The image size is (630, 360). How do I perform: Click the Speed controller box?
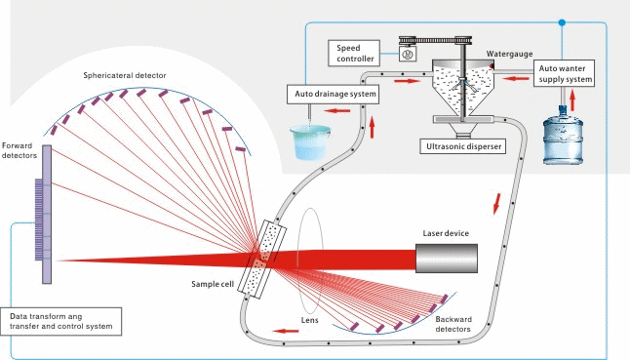pos(354,53)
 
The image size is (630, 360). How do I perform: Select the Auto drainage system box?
pos(334,94)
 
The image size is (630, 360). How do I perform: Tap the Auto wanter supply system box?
pos(564,73)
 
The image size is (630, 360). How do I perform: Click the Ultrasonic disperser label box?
pos(463,146)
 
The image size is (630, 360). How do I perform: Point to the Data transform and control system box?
pos(61,321)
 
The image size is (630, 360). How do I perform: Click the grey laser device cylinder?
pos(447,259)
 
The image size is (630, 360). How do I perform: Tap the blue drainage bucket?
pos(310,142)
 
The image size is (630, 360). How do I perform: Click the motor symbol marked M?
pos(408,54)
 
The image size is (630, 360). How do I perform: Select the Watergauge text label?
pos(509,54)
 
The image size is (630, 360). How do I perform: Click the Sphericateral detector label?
pos(125,75)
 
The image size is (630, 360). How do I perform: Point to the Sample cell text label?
pos(213,284)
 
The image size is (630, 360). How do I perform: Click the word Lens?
pos(310,320)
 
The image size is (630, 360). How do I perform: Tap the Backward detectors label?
pos(453,324)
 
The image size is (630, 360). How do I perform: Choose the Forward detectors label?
pos(19,150)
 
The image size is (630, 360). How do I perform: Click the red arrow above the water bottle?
pos(572,100)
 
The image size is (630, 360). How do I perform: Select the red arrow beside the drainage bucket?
pos(336,110)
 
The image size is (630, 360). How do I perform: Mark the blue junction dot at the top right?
pos(562,22)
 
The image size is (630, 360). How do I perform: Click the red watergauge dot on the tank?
pos(492,65)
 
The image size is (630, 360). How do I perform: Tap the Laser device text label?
pos(446,233)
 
